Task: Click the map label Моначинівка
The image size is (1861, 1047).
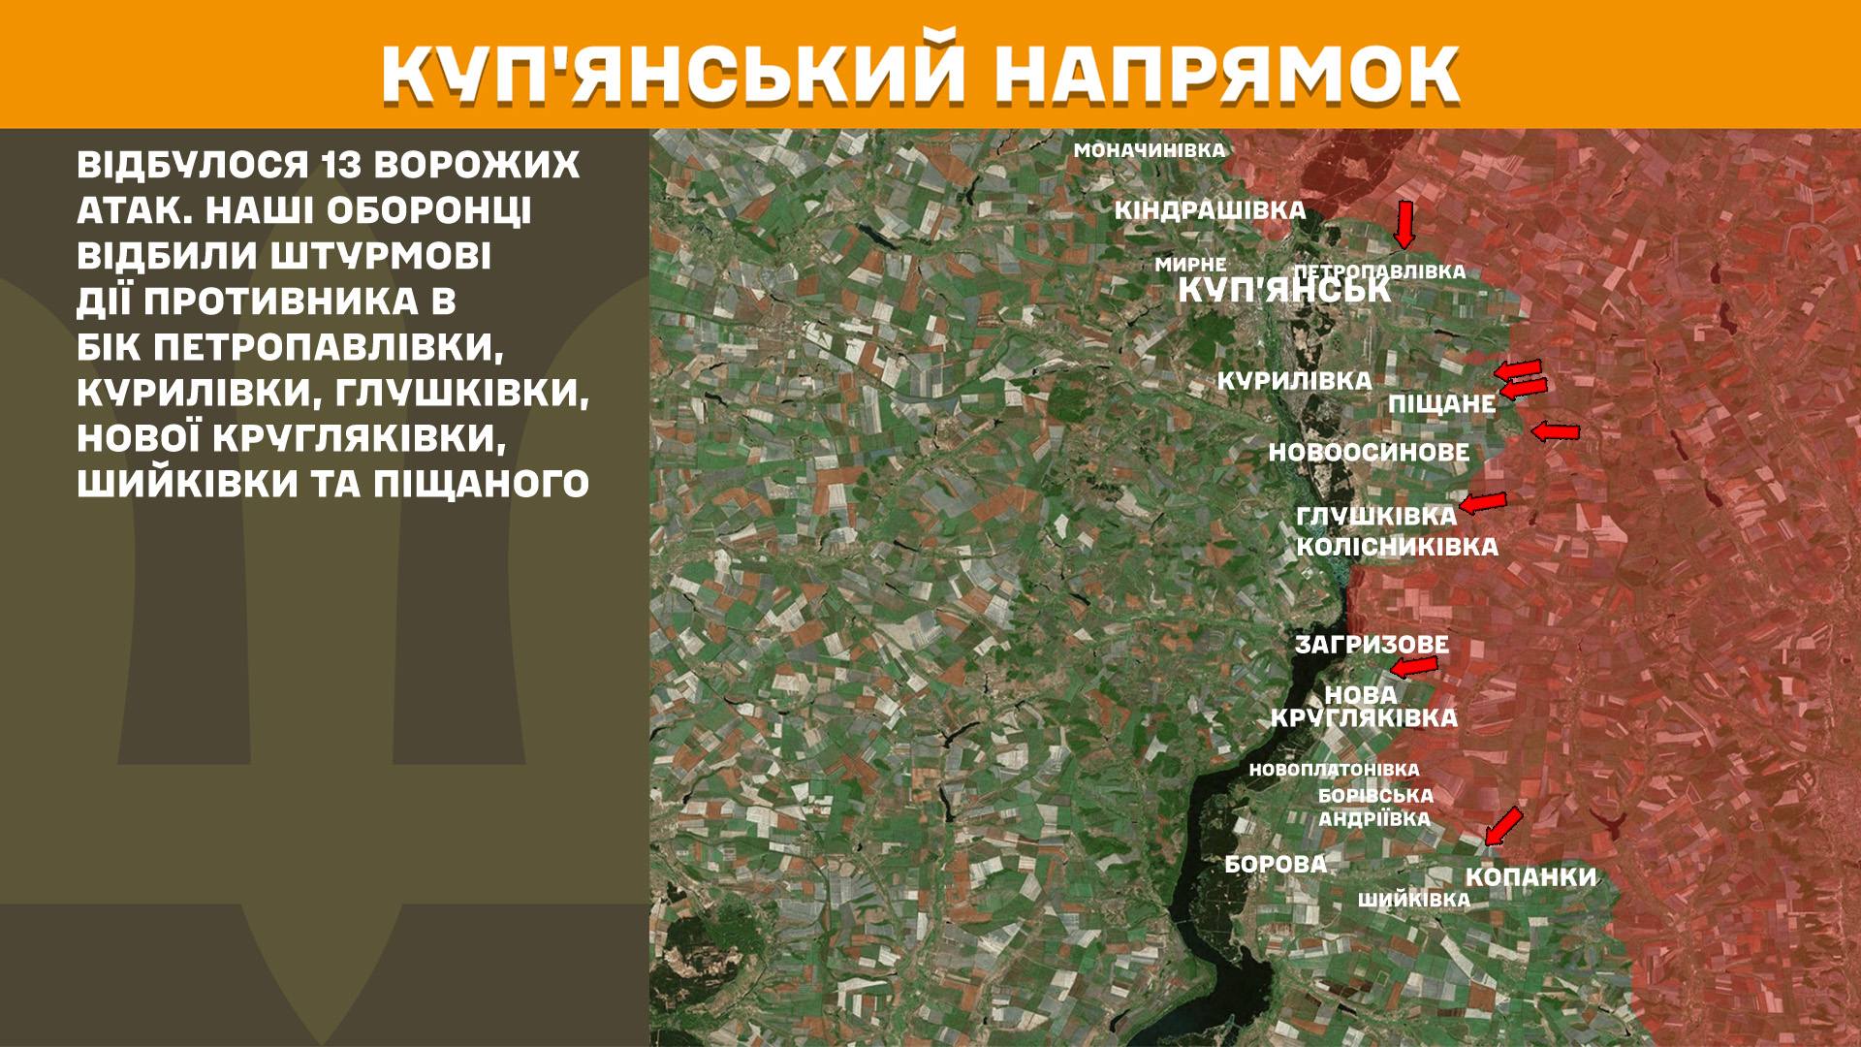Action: (1150, 151)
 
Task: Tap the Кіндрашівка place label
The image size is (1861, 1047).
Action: (1210, 211)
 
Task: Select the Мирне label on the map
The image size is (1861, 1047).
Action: (1190, 265)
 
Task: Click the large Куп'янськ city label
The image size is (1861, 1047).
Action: (1284, 291)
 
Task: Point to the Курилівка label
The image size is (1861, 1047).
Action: (1294, 382)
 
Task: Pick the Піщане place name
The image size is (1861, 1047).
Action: (1442, 404)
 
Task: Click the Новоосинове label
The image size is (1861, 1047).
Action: (1369, 453)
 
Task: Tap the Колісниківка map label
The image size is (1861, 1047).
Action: (1397, 547)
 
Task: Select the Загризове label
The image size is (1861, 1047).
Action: (1372, 645)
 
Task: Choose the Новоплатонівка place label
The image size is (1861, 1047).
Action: (1334, 770)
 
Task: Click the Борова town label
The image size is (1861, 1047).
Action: (1276, 865)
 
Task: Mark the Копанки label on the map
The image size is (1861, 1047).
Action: (1530, 878)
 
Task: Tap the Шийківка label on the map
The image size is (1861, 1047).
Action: (1413, 901)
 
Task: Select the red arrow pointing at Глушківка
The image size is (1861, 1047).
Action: (1483, 502)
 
